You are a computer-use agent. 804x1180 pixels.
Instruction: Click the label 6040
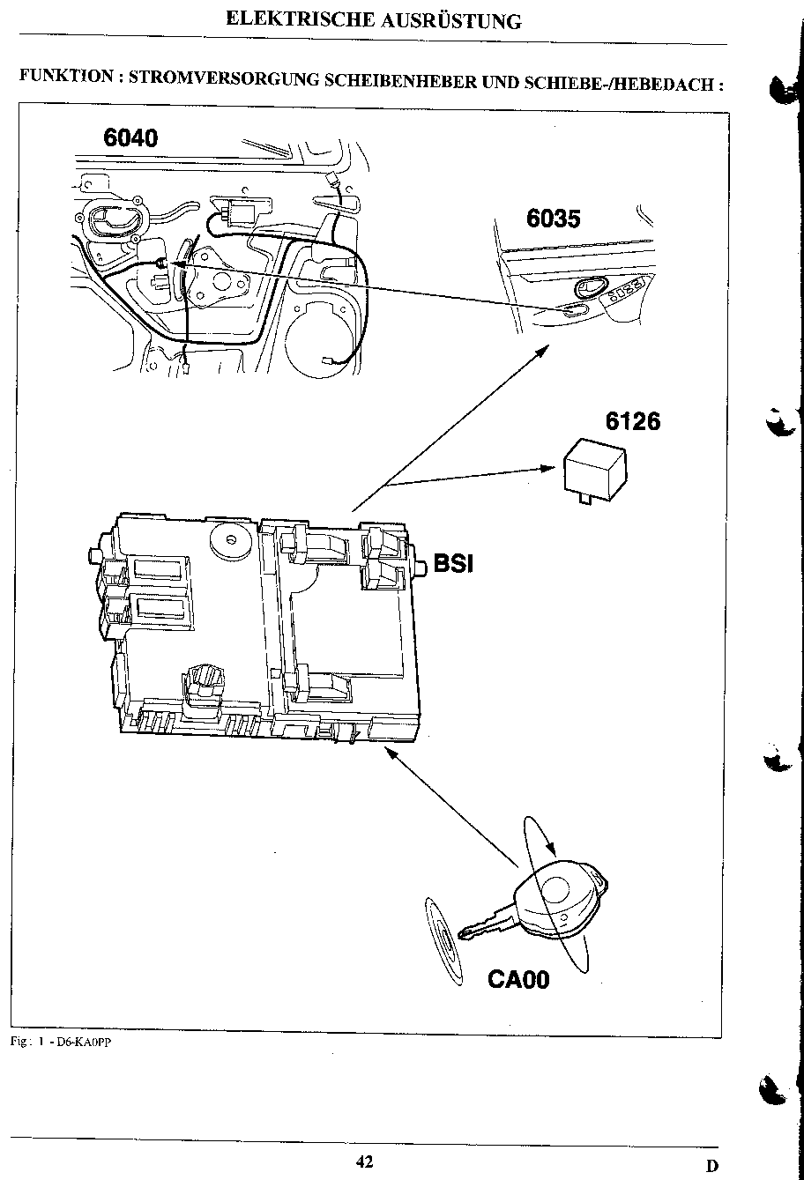(130, 137)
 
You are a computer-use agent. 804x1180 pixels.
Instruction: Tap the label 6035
(554, 219)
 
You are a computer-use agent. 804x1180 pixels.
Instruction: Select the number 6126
(632, 422)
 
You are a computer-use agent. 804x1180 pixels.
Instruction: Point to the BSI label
(453, 563)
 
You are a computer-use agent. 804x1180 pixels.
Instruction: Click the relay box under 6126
(595, 467)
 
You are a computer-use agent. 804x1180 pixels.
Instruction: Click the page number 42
(364, 1162)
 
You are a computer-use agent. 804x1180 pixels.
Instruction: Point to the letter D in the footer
(711, 1166)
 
